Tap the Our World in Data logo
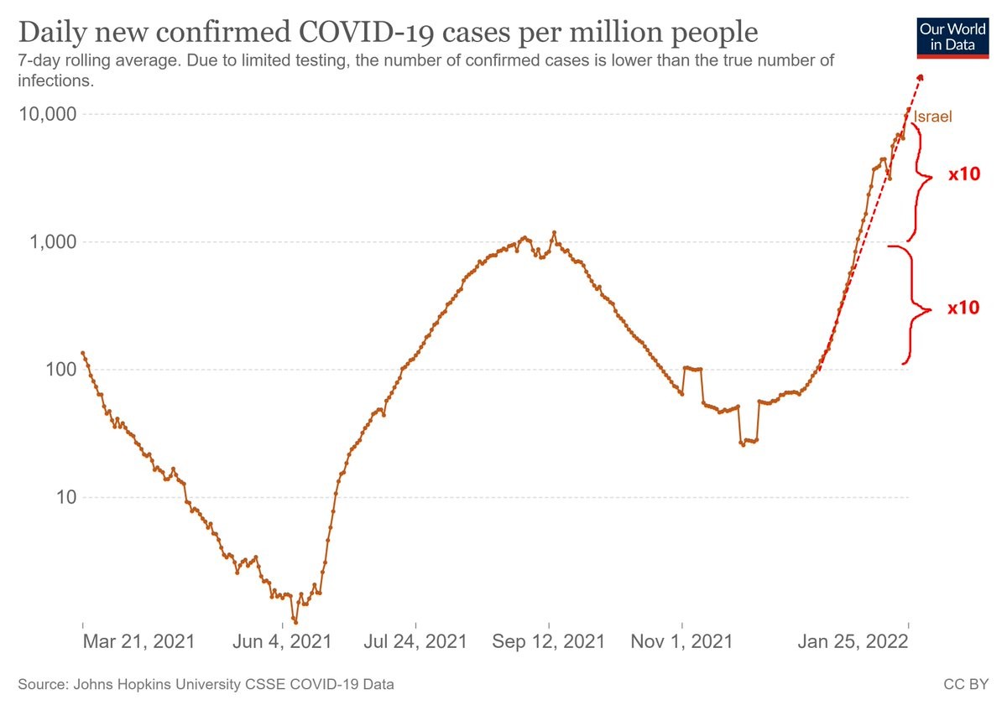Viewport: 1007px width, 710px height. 952,36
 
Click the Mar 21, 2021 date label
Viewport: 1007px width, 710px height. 138,643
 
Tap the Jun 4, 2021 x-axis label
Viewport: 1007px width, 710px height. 280,643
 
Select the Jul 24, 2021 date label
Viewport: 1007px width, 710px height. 416,643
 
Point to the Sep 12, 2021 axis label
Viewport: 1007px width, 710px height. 549,643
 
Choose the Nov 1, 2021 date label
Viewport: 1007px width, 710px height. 682,643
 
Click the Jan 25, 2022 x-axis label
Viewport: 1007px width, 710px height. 852,643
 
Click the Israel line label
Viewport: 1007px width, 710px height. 933,117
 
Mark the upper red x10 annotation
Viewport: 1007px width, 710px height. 964,174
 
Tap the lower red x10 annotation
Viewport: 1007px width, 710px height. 963,308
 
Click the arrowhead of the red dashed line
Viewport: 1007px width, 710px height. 920,78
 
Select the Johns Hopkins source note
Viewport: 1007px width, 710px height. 206,685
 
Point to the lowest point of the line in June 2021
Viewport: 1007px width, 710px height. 295,622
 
